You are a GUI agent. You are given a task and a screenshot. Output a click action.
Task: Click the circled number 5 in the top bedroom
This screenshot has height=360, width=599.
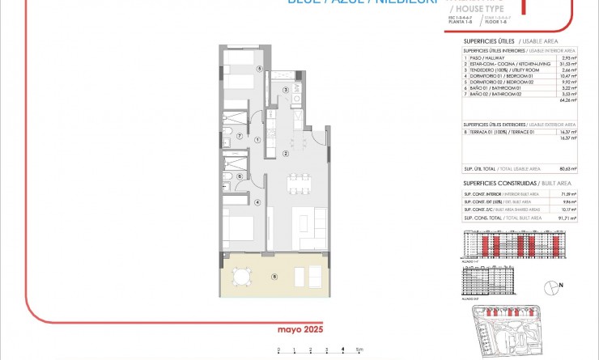(x=258, y=70)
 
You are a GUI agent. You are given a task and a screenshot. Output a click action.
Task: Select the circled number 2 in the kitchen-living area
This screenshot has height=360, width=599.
(x=286, y=153)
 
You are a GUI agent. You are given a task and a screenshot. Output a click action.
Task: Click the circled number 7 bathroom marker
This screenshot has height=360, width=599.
(x=240, y=136)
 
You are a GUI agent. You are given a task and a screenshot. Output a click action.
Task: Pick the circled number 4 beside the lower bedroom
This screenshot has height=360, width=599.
(x=257, y=202)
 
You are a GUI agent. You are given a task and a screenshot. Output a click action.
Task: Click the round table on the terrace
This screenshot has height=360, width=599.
(x=240, y=277)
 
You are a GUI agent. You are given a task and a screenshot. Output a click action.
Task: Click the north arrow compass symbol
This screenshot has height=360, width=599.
(x=553, y=286)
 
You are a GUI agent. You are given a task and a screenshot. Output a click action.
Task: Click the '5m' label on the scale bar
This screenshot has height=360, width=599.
(x=360, y=349)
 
